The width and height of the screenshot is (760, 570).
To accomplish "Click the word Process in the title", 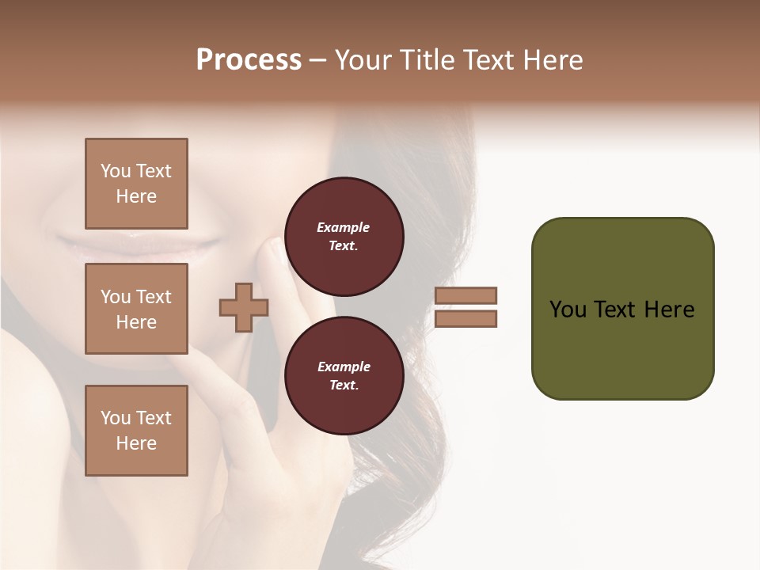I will (249, 60).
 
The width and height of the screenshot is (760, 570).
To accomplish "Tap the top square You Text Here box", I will (136, 184).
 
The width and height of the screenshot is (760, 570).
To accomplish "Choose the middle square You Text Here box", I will (136, 309).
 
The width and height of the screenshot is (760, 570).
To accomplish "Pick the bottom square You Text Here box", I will (136, 431).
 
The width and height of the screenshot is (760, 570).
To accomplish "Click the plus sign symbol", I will (244, 308).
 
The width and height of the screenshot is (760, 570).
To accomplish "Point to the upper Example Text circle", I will (344, 237).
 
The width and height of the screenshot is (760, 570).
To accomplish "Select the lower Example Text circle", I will (344, 376).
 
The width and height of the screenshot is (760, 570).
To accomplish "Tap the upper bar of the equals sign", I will (465, 295).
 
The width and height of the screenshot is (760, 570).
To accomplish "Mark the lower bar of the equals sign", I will (465, 319).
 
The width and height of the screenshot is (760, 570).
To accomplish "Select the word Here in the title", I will (554, 60).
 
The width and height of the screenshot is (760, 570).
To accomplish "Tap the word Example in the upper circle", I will (344, 228).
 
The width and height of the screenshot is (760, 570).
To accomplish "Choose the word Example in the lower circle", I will (344, 367).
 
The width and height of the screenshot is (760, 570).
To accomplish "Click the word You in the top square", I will (116, 171).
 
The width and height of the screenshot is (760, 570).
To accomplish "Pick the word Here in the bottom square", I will (136, 443).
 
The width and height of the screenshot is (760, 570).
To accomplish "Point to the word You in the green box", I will (568, 310).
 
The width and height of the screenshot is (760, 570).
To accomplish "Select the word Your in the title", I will (364, 60).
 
